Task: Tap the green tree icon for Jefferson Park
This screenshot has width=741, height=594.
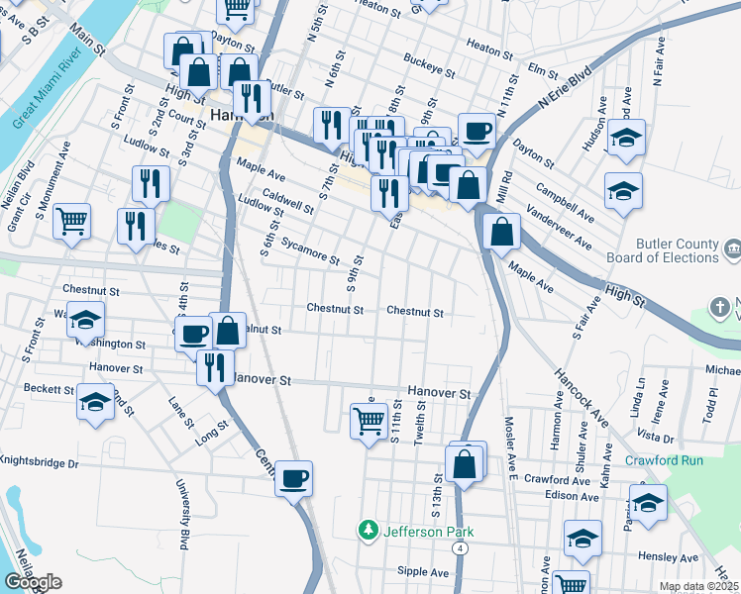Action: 369,531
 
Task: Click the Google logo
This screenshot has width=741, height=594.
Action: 33,582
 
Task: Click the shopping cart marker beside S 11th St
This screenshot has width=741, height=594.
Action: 369,421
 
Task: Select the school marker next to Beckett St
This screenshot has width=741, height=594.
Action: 95,403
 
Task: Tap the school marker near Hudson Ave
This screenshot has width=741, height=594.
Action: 625,140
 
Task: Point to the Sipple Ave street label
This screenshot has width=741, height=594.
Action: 424,571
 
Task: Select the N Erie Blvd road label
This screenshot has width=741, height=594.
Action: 564,87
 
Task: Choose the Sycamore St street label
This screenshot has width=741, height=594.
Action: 310,248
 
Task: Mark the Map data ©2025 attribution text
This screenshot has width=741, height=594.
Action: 697,586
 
